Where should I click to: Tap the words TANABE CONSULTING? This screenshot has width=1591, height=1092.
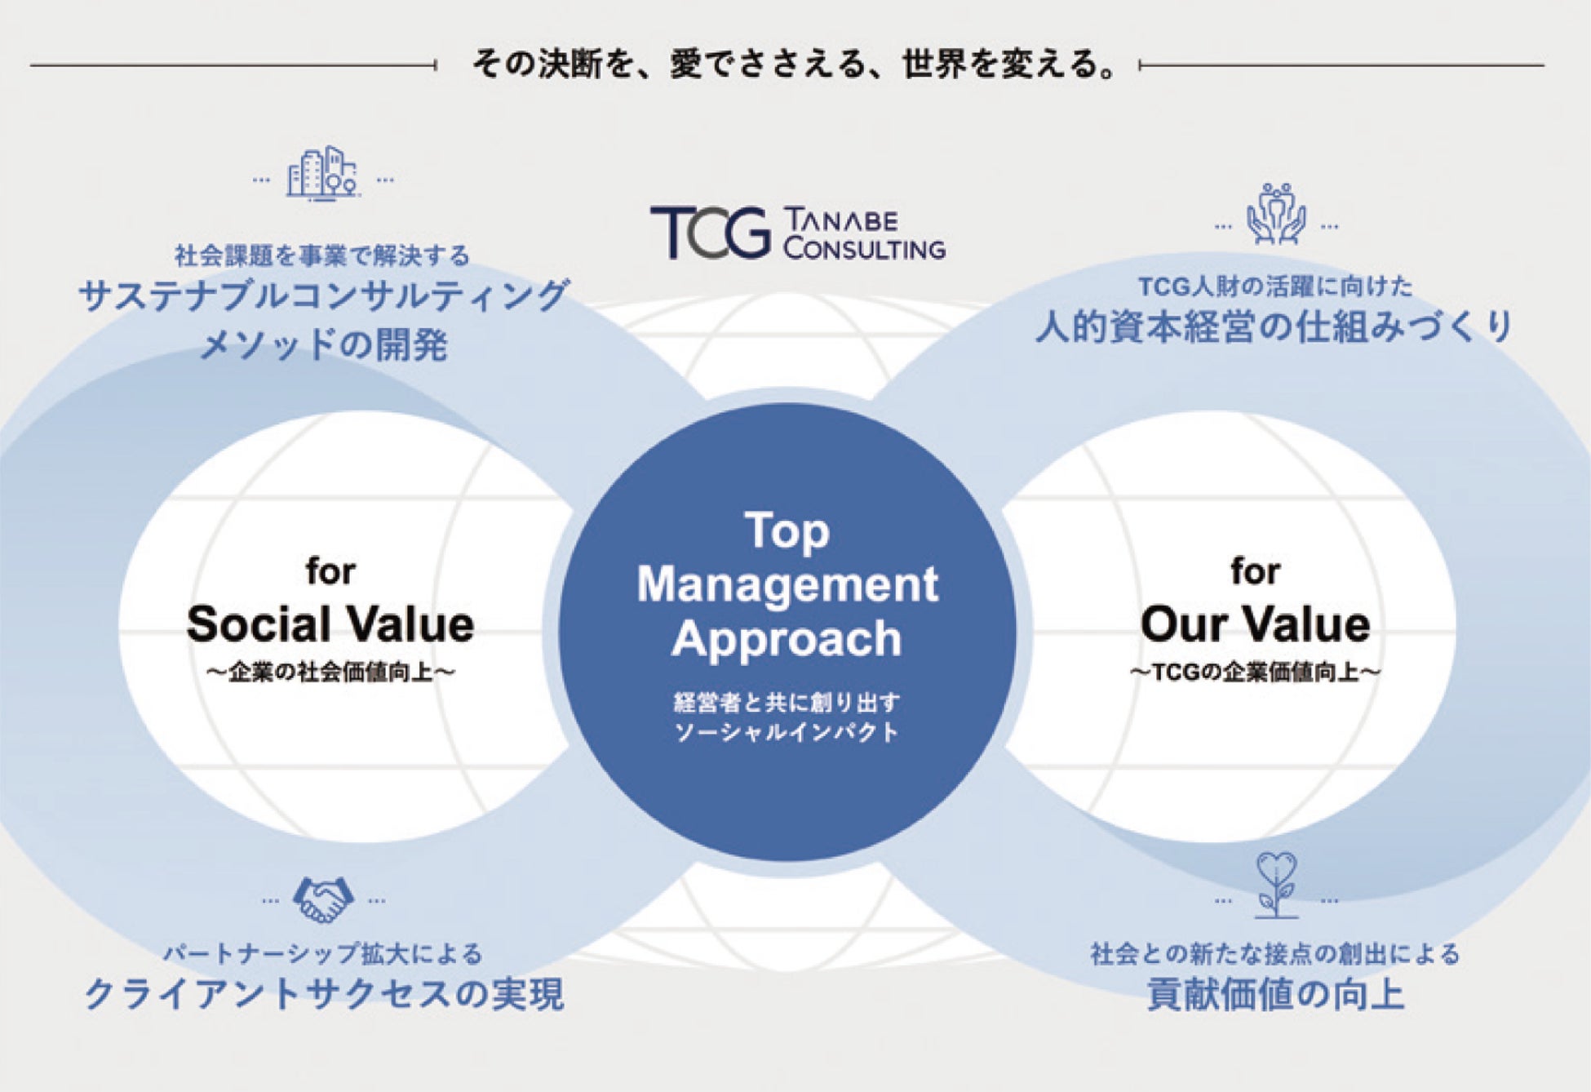tap(864, 235)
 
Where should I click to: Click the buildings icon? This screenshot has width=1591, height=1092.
tap(322, 174)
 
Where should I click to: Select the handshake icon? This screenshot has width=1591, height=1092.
tap(323, 899)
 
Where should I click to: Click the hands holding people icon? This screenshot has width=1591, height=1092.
tap(1276, 214)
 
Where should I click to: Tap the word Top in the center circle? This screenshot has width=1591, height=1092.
tap(787, 531)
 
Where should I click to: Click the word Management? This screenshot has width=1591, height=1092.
tap(787, 584)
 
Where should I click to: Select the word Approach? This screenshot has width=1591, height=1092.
tap(787, 638)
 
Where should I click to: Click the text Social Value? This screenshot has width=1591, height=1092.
tap(330, 624)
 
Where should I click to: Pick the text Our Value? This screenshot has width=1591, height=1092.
tap(1255, 624)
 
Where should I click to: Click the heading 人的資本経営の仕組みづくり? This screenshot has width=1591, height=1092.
tap(1274, 326)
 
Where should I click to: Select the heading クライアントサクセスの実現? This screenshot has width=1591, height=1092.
tap(324, 994)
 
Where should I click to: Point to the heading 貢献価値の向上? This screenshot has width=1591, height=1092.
tap(1275, 994)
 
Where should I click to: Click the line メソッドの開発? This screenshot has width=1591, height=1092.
tap(324, 344)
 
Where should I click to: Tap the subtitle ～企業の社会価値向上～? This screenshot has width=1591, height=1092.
tap(330, 673)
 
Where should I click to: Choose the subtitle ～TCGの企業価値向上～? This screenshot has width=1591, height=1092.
tap(1255, 673)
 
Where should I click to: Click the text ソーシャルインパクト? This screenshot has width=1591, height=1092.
tap(787, 732)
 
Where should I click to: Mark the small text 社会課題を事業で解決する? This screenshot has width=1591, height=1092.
tap(322, 255)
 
